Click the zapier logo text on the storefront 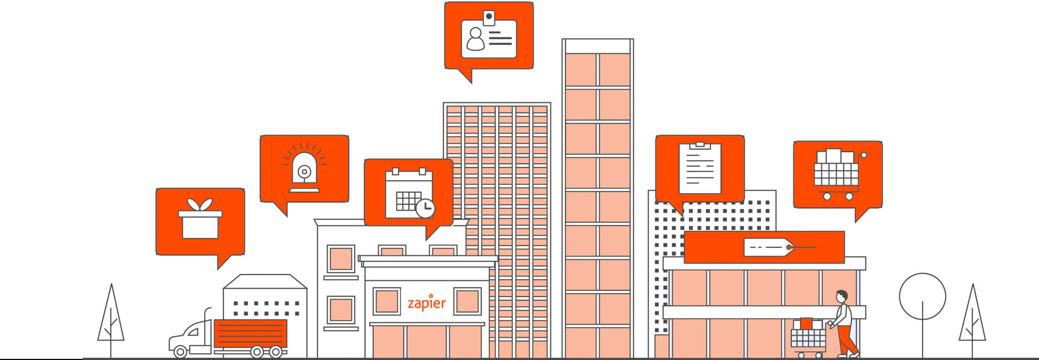pyautogui.click(x=427, y=302)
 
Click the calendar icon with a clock pyautogui.click(x=410, y=193)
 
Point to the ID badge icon pyautogui.click(x=489, y=34)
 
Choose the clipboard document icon pyautogui.click(x=700, y=168)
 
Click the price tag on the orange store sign pyautogui.click(x=769, y=247)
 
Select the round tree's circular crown pyautogui.click(x=923, y=296)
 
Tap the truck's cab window pyautogui.click(x=192, y=332)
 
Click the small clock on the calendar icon pyautogui.click(x=425, y=209)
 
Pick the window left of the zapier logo pyautogui.click(x=387, y=301)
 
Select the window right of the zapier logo pyautogui.click(x=468, y=301)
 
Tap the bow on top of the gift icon pyautogui.click(x=200, y=205)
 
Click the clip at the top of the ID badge pyautogui.click(x=489, y=18)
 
